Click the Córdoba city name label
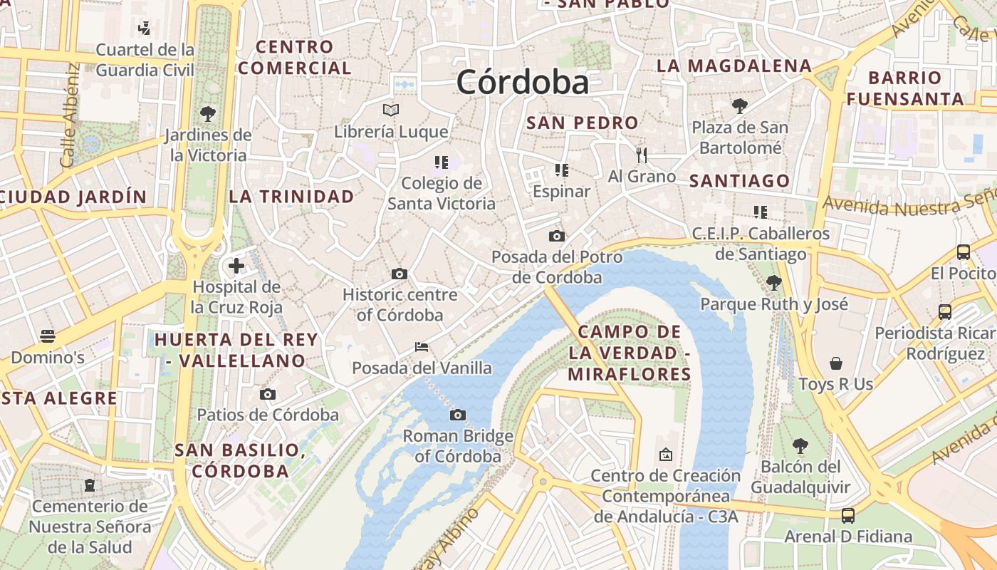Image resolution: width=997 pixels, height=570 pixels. [x=523, y=83]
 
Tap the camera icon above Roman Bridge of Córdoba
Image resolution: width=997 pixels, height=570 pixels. [x=458, y=415]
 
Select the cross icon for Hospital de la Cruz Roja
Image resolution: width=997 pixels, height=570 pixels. [x=236, y=266]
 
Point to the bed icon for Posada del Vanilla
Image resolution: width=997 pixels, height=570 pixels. [x=422, y=347]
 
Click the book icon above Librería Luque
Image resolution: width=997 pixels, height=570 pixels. [x=391, y=110]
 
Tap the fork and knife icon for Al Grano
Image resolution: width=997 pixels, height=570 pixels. [x=642, y=155]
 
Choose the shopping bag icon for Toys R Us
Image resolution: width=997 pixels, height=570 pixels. [x=836, y=363]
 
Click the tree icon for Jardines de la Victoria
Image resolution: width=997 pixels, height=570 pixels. [x=208, y=113]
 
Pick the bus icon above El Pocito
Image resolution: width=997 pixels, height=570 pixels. [x=964, y=252]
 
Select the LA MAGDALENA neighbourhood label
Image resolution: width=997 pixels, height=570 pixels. [x=734, y=66]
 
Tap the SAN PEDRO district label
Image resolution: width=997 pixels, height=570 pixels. [x=582, y=123]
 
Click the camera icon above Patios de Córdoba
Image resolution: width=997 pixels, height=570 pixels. [x=268, y=394]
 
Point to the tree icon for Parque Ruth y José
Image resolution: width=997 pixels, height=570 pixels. [x=774, y=283]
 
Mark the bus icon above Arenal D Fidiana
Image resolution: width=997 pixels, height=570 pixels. [x=848, y=515]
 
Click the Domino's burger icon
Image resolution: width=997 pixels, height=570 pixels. [x=48, y=336]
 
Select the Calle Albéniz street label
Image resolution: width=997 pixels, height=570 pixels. [x=70, y=115]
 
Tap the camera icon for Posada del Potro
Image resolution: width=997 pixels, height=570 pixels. [x=557, y=236]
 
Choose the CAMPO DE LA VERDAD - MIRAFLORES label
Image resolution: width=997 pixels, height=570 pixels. [x=630, y=353]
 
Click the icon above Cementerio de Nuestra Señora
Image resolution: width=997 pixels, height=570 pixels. [x=90, y=485]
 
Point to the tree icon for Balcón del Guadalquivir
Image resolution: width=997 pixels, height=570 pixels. [x=800, y=446]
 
